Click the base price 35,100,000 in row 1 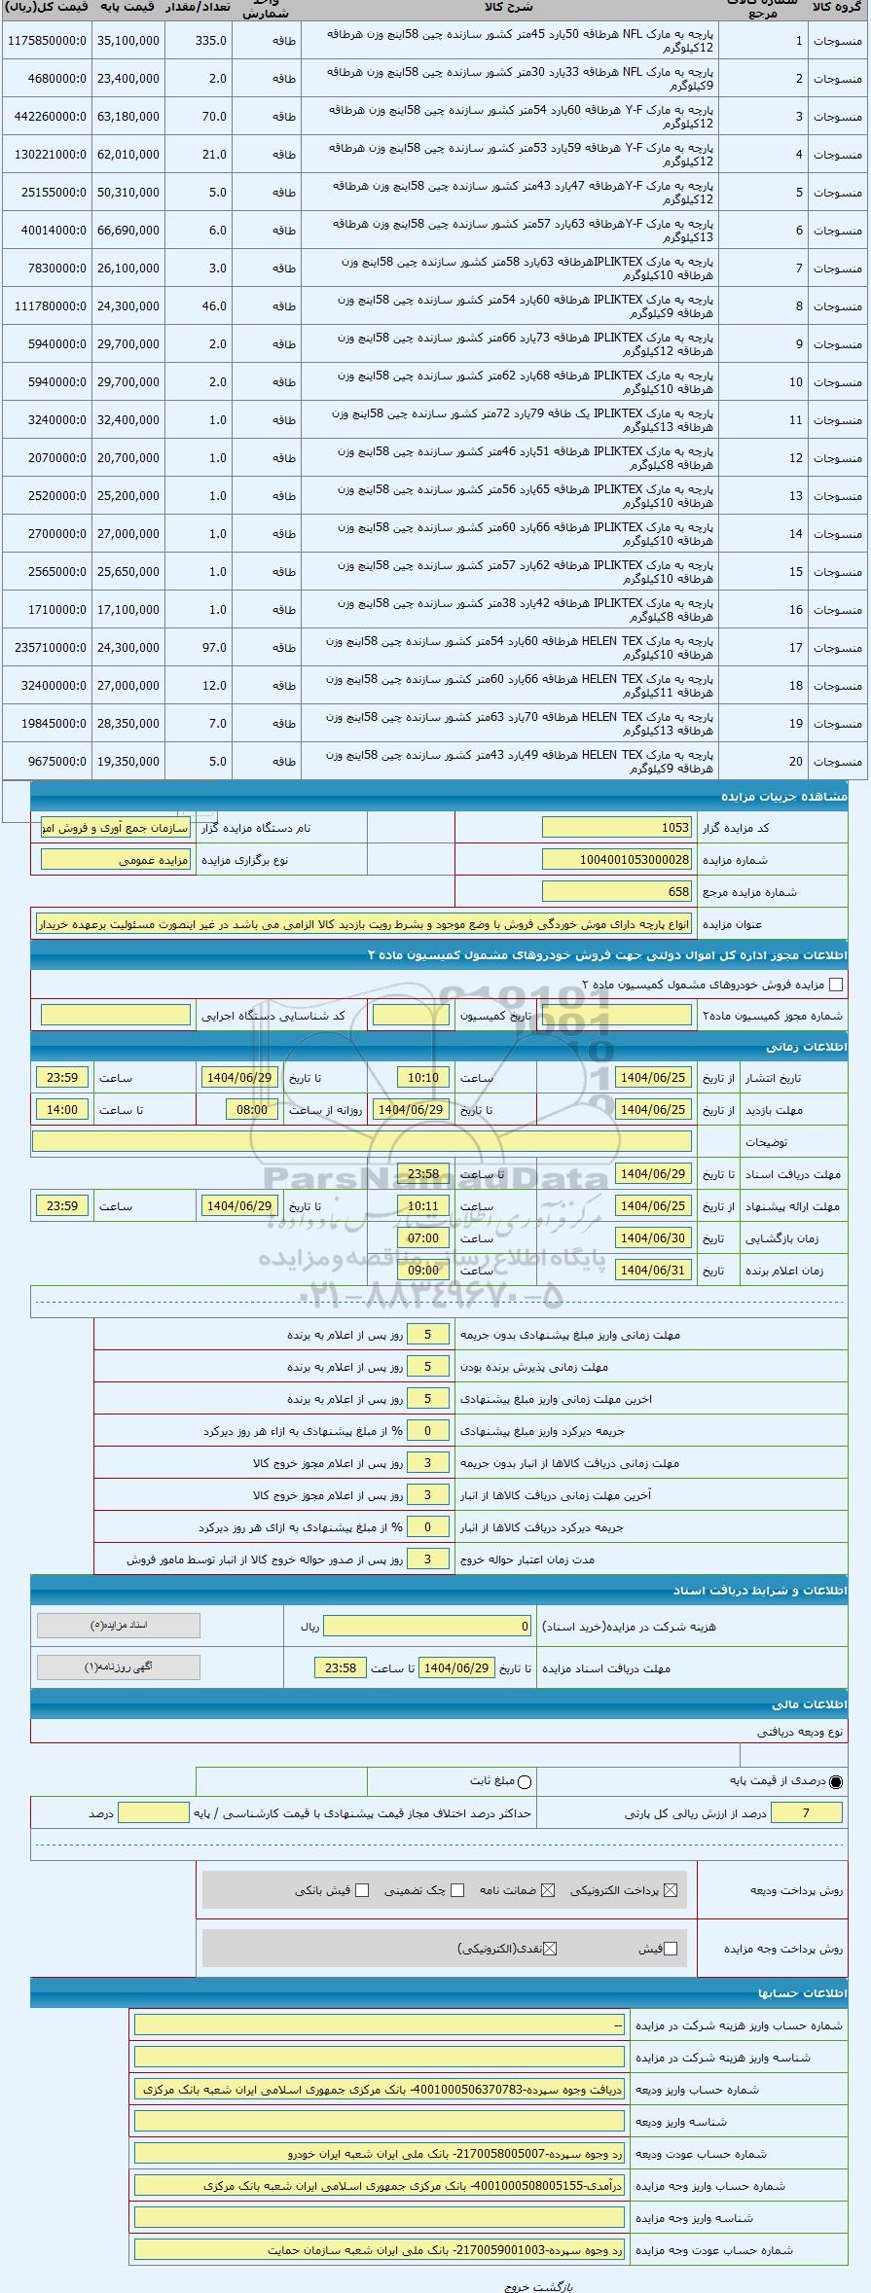(128, 41)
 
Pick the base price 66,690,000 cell (128, 231)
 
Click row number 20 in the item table (797, 762)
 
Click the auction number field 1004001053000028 (617, 860)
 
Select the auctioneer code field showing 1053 (617, 828)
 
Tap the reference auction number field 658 (617, 892)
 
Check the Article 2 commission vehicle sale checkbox (835, 985)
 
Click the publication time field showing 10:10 (423, 1078)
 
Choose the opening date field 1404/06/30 (654, 1238)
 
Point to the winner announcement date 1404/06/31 (654, 1271)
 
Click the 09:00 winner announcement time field (423, 1271)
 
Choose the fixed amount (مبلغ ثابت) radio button (526, 1782)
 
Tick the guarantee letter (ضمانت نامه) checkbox (548, 1890)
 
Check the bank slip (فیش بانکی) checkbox (362, 1890)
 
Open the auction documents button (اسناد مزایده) (118, 1626)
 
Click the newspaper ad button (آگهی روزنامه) (118, 1667)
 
